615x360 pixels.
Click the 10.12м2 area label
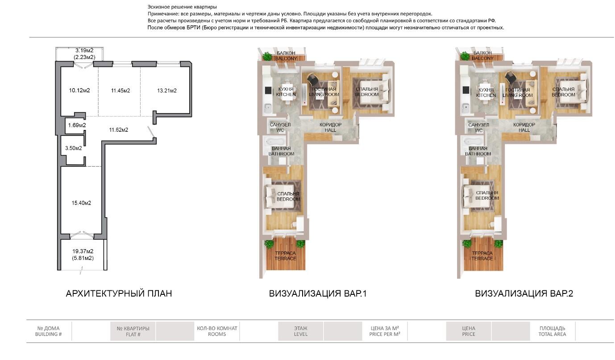click(79, 90)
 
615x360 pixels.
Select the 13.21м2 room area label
click(166, 90)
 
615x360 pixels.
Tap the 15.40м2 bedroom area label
click(81, 203)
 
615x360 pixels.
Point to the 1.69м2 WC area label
click(77, 125)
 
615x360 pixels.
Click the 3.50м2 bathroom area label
click(73, 148)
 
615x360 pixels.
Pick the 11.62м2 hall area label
click(119, 130)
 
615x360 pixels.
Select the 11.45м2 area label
click(121, 90)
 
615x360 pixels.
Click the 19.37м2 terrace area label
click(83, 251)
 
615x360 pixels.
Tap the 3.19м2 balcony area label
click(84, 50)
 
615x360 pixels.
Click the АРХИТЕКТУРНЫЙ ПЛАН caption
click(119, 293)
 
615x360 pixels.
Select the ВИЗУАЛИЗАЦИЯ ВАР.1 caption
click(318, 293)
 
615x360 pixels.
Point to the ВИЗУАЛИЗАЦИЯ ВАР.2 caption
click(524, 293)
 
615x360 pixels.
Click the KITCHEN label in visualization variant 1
click(286, 95)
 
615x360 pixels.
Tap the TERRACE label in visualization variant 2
click(482, 258)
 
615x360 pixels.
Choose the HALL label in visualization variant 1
click(331, 130)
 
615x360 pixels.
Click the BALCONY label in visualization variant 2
click(482, 58)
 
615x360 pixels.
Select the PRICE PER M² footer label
click(385, 334)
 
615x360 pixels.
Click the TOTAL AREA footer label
click(552, 334)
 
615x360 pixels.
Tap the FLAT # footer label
click(133, 335)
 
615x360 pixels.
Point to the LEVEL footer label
click(301, 334)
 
